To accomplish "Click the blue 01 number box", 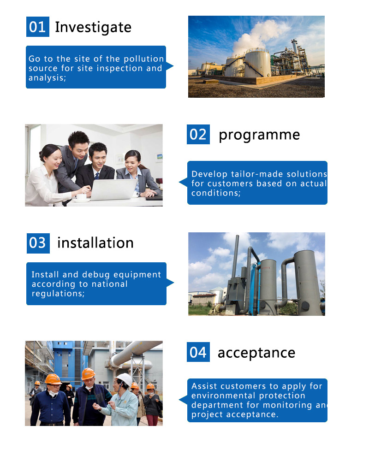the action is [38, 27].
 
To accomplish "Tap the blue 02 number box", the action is [198, 134].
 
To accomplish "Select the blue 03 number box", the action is [38, 243].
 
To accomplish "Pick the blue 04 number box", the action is [198, 352].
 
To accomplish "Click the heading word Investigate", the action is [93, 28].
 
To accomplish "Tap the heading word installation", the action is [95, 243].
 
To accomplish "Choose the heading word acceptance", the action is [256, 353].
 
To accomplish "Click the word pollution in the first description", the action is [143, 59].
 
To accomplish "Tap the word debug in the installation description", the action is [95, 275].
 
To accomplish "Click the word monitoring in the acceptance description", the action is [287, 405].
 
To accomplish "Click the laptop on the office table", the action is [113, 189].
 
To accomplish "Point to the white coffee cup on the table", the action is [81, 197].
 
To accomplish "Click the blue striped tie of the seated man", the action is [97, 176].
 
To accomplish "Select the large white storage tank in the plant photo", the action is [257, 64].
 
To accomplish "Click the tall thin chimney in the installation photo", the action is [236, 256].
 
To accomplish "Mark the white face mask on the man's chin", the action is [53, 393].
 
